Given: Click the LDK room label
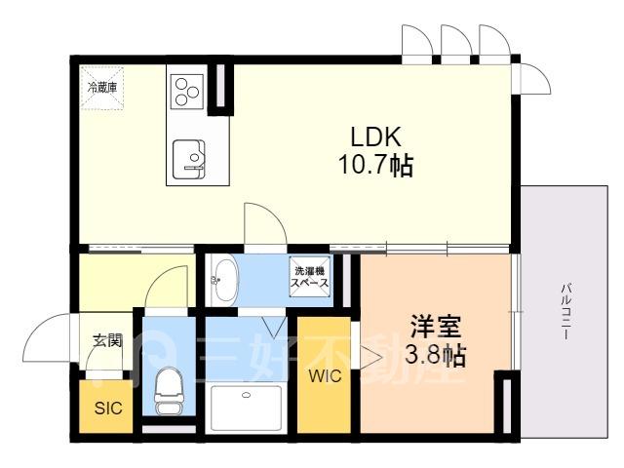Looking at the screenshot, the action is [375, 136].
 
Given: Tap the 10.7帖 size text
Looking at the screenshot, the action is [375, 165].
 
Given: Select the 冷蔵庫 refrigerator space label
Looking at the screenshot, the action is [102, 88].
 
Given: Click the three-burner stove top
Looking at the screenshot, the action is [186, 92].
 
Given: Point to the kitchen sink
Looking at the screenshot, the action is [189, 159].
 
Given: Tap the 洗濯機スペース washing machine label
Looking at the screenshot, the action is [310, 277].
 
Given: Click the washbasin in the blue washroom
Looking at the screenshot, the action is [225, 281].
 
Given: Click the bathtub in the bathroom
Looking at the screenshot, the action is [247, 408].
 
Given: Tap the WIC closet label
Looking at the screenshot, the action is [325, 375].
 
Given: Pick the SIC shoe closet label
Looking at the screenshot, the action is [108, 408].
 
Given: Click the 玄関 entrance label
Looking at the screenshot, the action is [107, 340].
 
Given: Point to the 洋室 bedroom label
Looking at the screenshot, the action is [436, 328].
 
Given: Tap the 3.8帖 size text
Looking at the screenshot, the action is [436, 355].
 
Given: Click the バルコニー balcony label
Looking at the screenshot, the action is [565, 311].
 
